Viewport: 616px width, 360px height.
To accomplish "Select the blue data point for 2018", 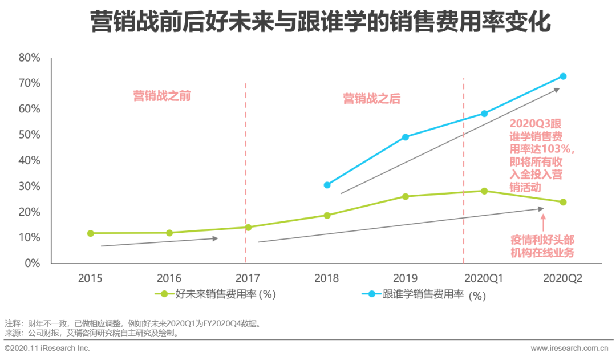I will click(x=327, y=185).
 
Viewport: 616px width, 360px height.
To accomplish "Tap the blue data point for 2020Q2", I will click(x=563, y=76).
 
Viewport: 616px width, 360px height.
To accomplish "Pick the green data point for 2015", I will click(x=90, y=233).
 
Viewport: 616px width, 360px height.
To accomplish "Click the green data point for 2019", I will click(x=406, y=196).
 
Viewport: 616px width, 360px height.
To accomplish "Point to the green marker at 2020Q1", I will click(x=484, y=191).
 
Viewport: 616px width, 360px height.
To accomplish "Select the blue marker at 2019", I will click(x=406, y=137).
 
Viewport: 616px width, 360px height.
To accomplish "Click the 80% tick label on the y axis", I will click(x=29, y=58).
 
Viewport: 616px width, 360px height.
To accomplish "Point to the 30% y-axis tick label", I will click(x=29, y=187).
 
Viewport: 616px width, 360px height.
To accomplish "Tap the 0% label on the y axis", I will click(x=32, y=264).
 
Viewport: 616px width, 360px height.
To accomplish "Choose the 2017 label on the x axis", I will click(x=248, y=278).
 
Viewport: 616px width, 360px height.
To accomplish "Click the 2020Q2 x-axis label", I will click(x=562, y=278).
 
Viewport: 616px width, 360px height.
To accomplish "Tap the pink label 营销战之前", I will click(x=162, y=96).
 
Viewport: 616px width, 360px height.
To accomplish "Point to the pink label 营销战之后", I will click(x=371, y=99).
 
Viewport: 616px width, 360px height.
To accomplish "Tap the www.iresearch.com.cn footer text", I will click(x=569, y=348).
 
